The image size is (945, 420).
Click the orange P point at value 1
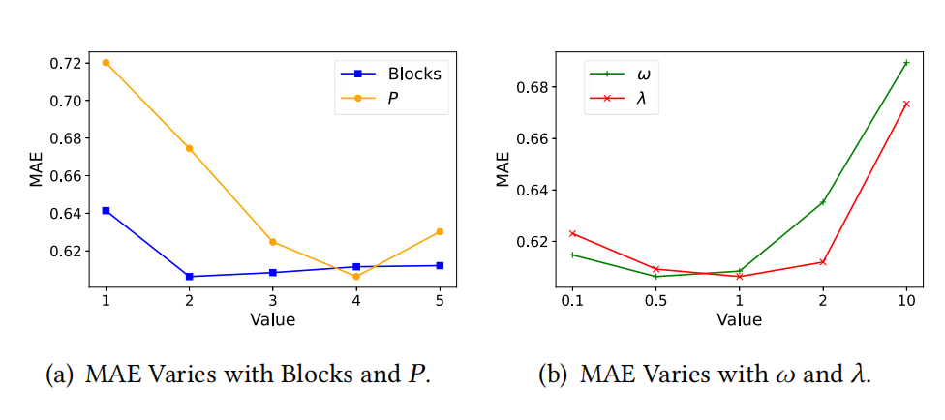tap(106, 63)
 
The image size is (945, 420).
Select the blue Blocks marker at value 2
tap(189, 277)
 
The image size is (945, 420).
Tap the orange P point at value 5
tap(440, 231)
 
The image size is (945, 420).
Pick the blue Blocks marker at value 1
tap(106, 210)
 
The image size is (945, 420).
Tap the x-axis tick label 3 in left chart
tap(273, 301)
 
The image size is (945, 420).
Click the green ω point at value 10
tap(906, 63)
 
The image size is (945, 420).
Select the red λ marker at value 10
tap(906, 104)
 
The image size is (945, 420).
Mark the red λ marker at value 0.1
tap(572, 233)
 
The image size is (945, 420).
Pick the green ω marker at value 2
tap(823, 202)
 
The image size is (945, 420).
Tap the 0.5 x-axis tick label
tap(655, 301)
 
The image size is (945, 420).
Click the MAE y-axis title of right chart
tap(503, 168)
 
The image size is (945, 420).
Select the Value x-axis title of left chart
tap(272, 319)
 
